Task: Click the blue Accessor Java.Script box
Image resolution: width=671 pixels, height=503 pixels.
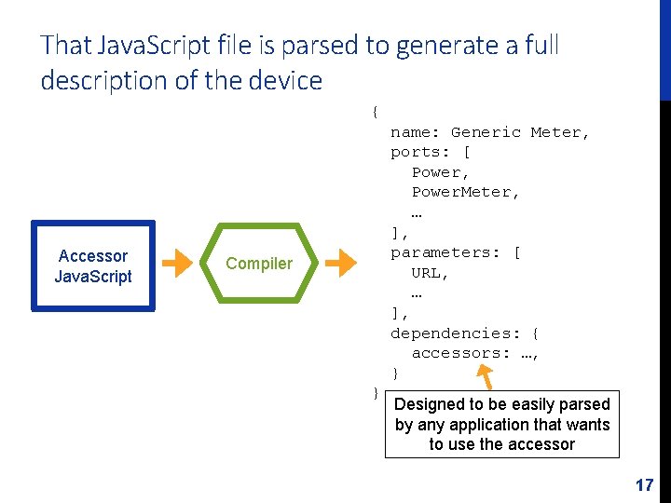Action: click(93, 265)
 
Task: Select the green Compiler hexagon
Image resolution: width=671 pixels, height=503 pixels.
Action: click(259, 264)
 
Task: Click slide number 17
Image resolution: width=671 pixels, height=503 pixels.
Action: click(644, 485)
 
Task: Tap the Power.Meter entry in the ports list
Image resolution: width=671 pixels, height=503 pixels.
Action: click(465, 192)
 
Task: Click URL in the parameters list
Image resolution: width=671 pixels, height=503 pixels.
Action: click(430, 273)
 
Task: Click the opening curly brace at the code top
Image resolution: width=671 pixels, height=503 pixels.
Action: click(375, 112)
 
